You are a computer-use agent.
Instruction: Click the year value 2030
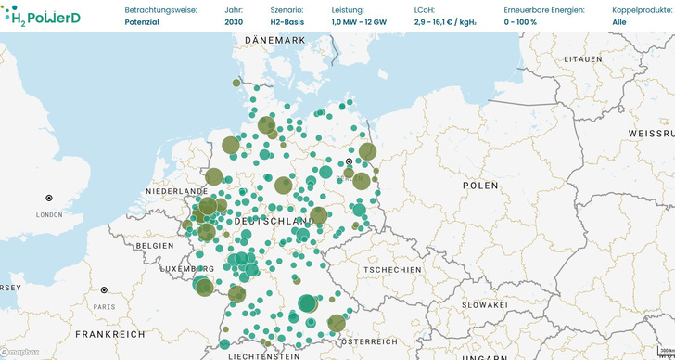[234, 21]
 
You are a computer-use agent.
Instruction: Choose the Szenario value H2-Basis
[287, 21]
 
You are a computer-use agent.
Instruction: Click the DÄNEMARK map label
[275, 41]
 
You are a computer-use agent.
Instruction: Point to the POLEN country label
[480, 186]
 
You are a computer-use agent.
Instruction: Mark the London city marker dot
[49, 198]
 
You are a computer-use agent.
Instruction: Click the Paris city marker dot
[104, 290]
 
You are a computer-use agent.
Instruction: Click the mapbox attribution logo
[20, 353]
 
